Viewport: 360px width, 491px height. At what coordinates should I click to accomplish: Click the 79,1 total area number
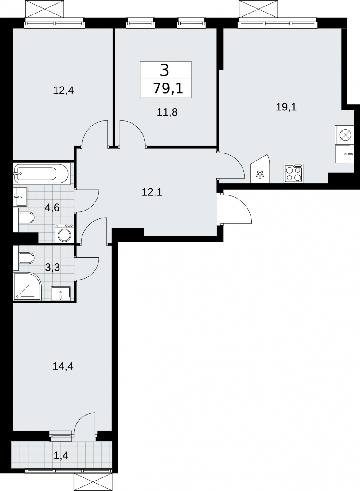168,88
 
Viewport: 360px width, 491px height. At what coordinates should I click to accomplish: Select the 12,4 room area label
63,91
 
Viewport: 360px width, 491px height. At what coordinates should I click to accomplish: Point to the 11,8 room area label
167,112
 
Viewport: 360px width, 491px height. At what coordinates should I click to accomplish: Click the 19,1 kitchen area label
286,107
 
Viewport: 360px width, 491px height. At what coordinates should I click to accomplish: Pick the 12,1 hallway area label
152,192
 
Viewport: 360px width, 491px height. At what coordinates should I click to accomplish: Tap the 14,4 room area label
63,366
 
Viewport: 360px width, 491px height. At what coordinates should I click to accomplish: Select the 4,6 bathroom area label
52,207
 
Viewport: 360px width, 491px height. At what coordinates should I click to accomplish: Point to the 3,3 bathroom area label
52,267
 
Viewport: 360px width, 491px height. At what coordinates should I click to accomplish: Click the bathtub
41,174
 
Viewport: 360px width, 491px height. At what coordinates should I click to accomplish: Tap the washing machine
64,234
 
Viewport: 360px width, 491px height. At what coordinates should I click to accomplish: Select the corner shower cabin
27,286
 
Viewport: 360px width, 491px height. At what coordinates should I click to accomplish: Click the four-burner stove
293,173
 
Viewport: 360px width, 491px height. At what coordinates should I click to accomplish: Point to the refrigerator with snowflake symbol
260,169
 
